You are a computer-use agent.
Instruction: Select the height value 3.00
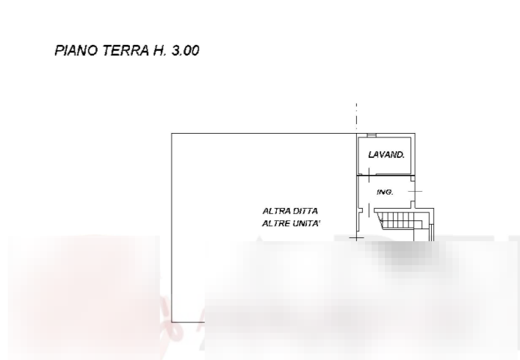[184, 51]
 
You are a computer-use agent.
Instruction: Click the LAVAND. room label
[386, 155]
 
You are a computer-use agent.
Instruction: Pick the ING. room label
[385, 192]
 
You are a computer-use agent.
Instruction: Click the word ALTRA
[275, 212]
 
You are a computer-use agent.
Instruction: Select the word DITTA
[305, 212]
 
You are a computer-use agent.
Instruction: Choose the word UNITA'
[307, 223]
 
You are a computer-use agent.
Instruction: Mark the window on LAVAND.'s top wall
[372, 136]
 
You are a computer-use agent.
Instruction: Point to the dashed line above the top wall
[356, 114]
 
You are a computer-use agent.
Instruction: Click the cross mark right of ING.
[415, 191]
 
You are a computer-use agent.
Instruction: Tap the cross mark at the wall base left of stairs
[356, 237]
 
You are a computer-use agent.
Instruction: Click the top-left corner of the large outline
[171, 133]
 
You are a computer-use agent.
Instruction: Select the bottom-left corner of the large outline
[172, 321]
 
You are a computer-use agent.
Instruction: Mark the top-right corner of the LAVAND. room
[415, 134]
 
